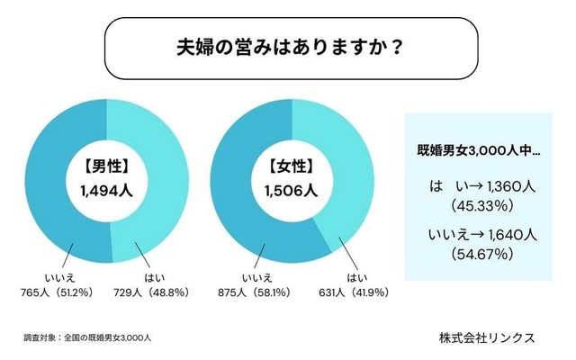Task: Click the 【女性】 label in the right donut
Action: coord(292,166)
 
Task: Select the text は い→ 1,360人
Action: coord(472,186)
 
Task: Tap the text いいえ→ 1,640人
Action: coord(472,236)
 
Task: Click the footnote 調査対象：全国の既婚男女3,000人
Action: coord(87,337)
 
